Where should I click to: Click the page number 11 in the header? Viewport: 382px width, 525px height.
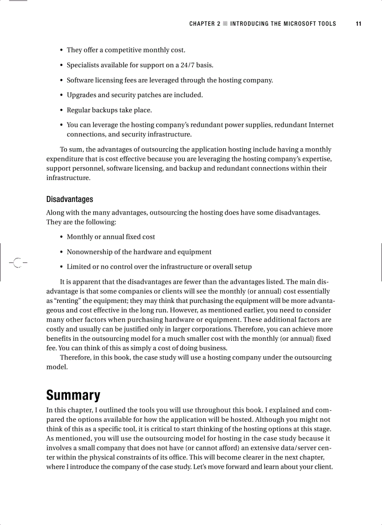(358, 24)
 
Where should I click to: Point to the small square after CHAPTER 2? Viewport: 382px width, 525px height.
(225, 24)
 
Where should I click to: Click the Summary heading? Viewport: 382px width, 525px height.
(73, 395)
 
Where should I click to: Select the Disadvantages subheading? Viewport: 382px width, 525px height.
(69, 199)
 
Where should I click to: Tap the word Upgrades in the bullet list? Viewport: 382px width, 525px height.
(81, 95)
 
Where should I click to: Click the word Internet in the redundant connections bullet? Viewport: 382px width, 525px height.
(321, 125)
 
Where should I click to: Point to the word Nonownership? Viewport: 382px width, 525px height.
(88, 252)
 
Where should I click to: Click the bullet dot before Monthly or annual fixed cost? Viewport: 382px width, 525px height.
(61, 237)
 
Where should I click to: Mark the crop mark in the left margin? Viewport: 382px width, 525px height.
(17, 263)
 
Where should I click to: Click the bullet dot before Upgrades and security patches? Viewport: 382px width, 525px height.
(61, 95)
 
